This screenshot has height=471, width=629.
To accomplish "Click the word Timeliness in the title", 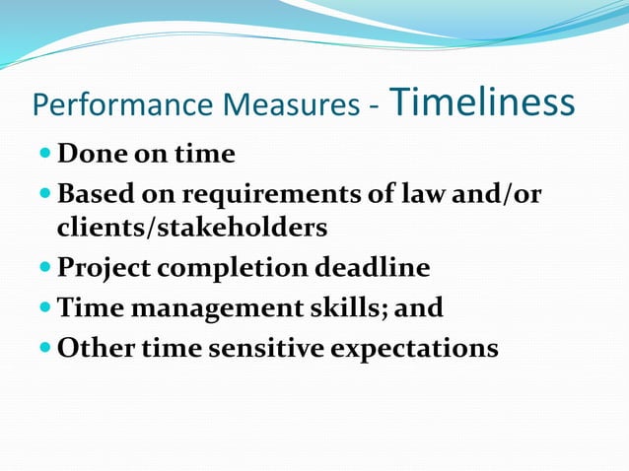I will [x=483, y=101].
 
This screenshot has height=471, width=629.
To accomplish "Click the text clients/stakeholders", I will [x=191, y=228].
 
